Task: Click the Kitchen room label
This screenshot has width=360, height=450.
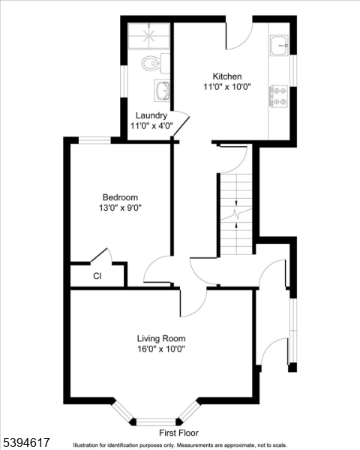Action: [226, 76]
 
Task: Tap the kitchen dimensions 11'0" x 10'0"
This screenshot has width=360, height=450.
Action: [226, 87]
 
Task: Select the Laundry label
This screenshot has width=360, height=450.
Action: [151, 115]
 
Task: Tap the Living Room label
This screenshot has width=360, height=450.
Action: [161, 338]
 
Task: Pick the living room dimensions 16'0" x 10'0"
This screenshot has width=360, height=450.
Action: [161, 349]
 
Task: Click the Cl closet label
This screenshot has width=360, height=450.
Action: [97, 276]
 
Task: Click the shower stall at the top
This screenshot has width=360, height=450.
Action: [150, 36]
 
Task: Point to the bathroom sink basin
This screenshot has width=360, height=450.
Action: [162, 91]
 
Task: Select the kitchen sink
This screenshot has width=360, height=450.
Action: [280, 45]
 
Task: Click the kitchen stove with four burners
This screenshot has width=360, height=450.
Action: [280, 94]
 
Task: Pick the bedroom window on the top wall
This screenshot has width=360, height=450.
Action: [95, 139]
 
